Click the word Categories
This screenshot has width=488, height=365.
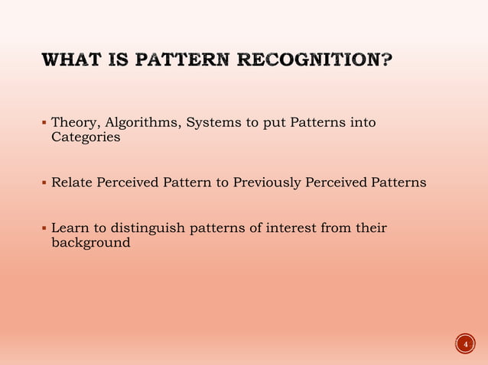(x=86, y=137)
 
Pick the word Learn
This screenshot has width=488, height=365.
(x=70, y=228)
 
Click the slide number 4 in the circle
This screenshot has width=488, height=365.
(x=464, y=344)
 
